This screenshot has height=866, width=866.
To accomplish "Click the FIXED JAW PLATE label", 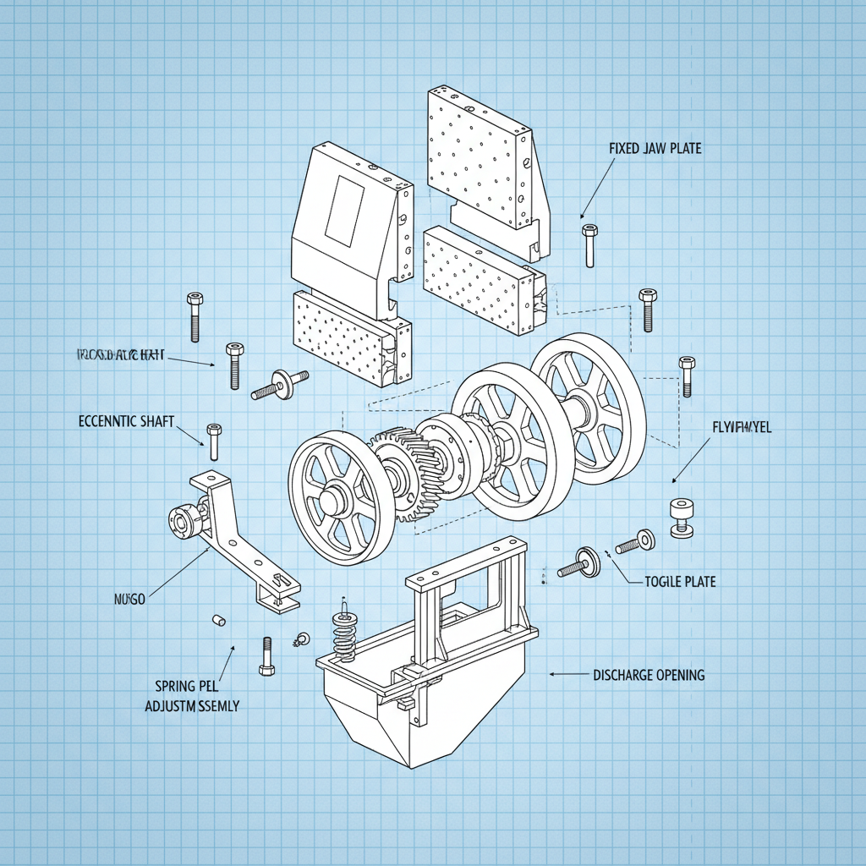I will coord(655,149).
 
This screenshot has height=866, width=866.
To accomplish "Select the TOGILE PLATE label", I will coord(680,582).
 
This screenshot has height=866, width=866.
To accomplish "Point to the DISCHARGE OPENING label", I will coord(649,675).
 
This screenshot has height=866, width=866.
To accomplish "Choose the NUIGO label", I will coord(129,599).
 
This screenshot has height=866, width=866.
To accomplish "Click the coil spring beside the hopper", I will coord(344,633).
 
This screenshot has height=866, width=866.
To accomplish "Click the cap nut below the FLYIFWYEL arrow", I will coord(682,517).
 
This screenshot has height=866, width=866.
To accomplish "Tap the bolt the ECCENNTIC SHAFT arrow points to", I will coord(214,441).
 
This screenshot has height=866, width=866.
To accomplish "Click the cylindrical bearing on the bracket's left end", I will coord(182,522).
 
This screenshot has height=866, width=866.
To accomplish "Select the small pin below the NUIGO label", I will coord(217,622).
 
